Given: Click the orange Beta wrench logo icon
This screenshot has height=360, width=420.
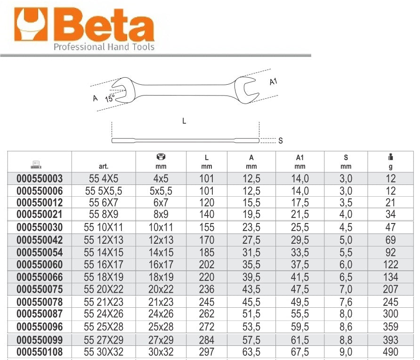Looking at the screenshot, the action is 31,24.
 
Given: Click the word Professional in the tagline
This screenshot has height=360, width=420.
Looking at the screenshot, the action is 79,47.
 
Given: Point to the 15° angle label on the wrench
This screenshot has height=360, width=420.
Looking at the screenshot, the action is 110,98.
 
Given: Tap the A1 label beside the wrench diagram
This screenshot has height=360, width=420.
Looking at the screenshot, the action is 273,81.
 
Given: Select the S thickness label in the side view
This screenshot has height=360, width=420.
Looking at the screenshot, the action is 281,141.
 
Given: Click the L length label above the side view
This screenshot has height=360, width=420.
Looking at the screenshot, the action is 184,121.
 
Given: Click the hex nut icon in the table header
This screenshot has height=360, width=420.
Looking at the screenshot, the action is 161,157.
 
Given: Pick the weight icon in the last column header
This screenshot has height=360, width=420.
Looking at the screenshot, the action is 391,157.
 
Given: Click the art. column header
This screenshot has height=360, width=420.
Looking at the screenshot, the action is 104,167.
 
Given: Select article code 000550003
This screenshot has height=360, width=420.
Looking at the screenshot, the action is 40,178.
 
